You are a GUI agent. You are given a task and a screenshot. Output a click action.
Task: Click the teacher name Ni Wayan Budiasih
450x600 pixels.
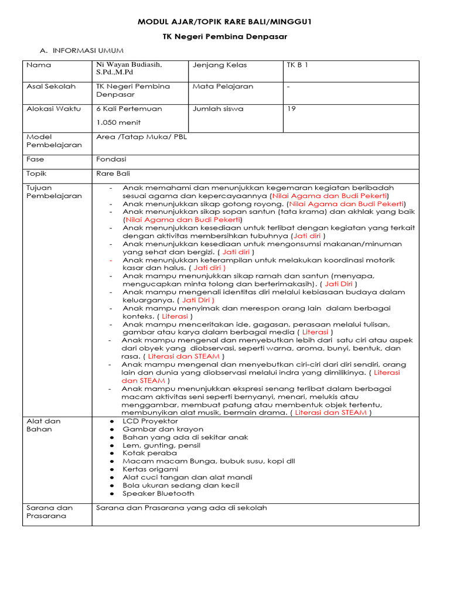pos(129,64)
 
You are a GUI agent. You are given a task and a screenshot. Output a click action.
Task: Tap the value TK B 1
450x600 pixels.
pos(297,65)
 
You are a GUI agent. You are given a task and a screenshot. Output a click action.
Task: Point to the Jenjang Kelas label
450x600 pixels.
pos(220,65)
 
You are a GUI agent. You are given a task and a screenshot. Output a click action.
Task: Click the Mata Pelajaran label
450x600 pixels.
pos(223,86)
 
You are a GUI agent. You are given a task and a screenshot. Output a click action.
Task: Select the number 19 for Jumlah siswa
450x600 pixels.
pos(291,108)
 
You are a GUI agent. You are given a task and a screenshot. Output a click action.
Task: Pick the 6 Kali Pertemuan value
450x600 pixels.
pos(129,108)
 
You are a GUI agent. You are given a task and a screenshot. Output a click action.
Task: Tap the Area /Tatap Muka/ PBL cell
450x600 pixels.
pos(141,137)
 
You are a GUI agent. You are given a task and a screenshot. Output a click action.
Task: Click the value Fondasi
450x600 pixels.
pos(111,159)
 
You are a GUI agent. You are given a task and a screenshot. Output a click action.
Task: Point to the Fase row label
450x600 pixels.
pos(36,159)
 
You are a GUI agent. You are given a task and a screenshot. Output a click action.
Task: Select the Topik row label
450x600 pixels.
pos(36,173)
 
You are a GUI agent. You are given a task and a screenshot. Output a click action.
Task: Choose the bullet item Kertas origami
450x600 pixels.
pos(150,469)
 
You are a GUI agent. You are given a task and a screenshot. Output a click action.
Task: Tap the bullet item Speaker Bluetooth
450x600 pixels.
pos(158,493)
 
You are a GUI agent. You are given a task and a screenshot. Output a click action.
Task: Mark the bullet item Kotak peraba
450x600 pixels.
pos(149,453)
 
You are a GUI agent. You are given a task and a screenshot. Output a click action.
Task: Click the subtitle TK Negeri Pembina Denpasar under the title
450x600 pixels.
pos(224,36)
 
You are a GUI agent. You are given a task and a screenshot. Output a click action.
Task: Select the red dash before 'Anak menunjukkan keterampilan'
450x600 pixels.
pos(111,260)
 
